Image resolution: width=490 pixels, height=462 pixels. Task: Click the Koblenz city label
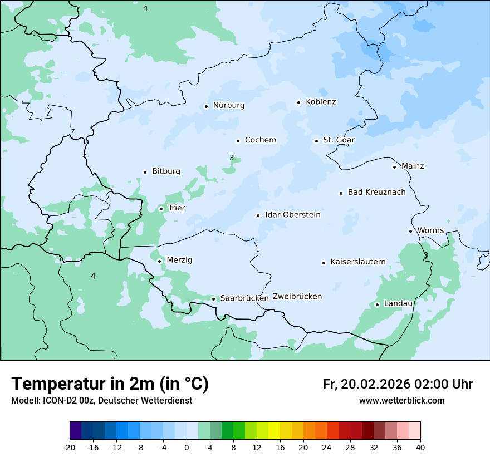321,102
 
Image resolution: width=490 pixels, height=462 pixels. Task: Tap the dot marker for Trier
161,209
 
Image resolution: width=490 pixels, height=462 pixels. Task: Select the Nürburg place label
228,105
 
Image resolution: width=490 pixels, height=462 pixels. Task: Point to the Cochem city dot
238,141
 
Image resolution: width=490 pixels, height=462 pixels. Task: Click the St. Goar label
339,140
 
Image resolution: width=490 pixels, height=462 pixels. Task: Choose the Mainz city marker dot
394,167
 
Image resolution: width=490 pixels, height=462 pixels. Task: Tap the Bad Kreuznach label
376,192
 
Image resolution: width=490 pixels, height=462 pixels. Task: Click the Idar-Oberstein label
292,214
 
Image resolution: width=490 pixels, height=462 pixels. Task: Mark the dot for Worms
410,231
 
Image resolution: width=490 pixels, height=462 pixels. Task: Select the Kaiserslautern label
357,262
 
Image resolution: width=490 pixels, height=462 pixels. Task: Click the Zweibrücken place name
297,297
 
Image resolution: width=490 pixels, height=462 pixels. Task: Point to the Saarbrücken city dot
213,299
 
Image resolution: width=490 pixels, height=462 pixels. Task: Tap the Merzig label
179,260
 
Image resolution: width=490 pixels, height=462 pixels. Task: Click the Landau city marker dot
377,304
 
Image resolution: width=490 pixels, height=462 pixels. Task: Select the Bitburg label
166,171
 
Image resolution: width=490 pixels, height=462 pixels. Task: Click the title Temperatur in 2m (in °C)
110,384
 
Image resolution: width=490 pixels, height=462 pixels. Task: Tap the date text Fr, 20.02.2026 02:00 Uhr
398,384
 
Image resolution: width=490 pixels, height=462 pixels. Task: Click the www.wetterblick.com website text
401,401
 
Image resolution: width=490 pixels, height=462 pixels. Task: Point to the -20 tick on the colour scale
70,448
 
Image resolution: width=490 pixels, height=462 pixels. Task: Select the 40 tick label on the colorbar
420,448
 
